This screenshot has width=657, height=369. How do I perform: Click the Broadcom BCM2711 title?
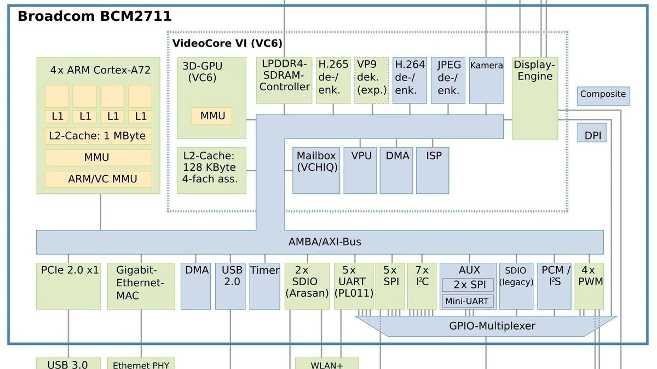[x=95, y=16]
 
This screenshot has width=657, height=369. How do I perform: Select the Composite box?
[x=603, y=95]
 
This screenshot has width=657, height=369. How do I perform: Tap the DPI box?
[x=592, y=135]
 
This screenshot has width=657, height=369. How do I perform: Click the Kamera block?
[x=486, y=80]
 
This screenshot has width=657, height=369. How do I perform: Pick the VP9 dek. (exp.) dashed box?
[x=372, y=80]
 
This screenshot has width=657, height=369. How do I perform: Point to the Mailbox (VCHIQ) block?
[x=316, y=170]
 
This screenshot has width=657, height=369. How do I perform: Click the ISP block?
[x=433, y=170]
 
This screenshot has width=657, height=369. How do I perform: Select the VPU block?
[x=360, y=170]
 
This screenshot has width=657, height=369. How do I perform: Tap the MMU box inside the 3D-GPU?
[x=212, y=116]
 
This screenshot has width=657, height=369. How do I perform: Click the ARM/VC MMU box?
[x=99, y=179]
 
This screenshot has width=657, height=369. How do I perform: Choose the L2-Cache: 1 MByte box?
[x=99, y=136]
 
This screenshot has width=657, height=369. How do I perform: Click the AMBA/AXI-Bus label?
[x=325, y=242]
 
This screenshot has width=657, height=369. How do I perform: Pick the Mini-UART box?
[x=467, y=301]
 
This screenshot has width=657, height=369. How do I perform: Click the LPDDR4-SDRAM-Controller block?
[x=284, y=80]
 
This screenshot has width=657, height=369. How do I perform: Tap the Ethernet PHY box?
[x=141, y=364]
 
